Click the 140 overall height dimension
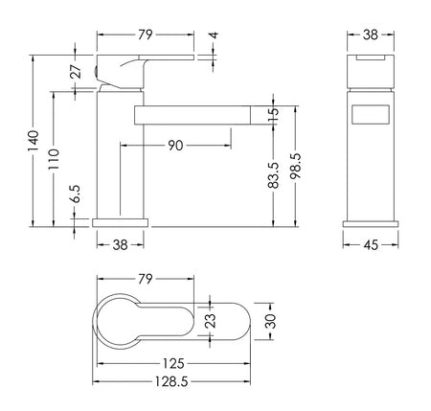pyautogui.click(x=34, y=141)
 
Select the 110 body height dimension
pyautogui.click(x=54, y=159)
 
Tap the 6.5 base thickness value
pyautogui.click(x=76, y=194)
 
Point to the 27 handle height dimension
pyautogui.click(x=76, y=71)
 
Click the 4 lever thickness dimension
pyautogui.click(x=215, y=34)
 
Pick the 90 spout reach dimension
pyautogui.click(x=175, y=146)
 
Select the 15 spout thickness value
pyautogui.click(x=274, y=115)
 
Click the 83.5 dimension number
pyautogui.click(x=274, y=175)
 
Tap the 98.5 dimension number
pyautogui.click(x=295, y=166)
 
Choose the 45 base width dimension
pyautogui.click(x=371, y=244)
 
